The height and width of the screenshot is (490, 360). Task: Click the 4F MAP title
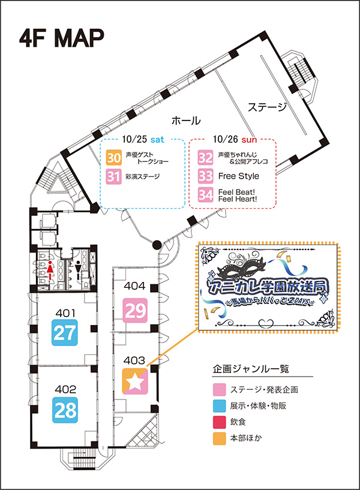62,37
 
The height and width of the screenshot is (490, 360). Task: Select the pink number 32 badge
206,158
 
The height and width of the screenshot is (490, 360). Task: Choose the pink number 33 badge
206,177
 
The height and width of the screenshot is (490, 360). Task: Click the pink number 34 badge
206,196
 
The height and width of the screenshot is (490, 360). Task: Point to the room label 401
65,312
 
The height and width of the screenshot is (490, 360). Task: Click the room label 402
65,390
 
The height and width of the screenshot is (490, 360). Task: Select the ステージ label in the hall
268,107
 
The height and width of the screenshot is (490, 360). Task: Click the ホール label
186,120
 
